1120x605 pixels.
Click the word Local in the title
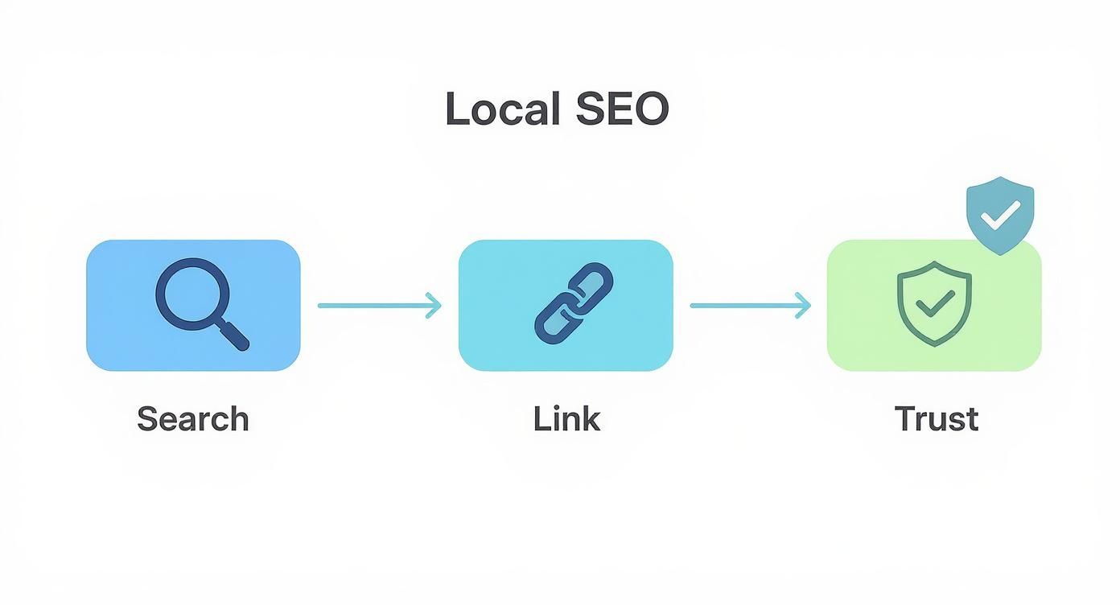tap(501, 109)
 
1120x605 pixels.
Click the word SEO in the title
tap(622, 109)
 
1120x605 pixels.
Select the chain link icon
tap(573, 304)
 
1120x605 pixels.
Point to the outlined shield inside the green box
tap(934, 304)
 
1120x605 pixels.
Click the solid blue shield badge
tap(999, 214)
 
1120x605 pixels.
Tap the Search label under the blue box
tap(193, 419)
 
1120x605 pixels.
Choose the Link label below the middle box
tap(566, 419)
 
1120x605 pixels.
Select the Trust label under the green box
tap(937, 419)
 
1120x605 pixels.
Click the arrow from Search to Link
tap(379, 306)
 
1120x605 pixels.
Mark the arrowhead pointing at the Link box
tap(434, 306)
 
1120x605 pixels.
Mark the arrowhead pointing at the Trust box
tap(804, 306)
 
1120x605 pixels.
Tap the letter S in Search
tap(146, 419)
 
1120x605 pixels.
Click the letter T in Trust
tap(904, 419)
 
